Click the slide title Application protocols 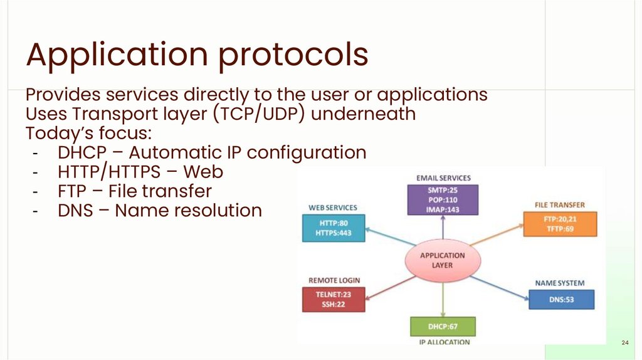197,55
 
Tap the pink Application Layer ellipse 443,260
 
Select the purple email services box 443,199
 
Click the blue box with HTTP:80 332,228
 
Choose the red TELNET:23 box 334,299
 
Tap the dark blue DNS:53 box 561,299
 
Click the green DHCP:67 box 443,327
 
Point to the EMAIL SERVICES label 443,178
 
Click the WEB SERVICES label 333,208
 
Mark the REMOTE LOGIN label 334,280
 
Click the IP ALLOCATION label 444,342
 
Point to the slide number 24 624,342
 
